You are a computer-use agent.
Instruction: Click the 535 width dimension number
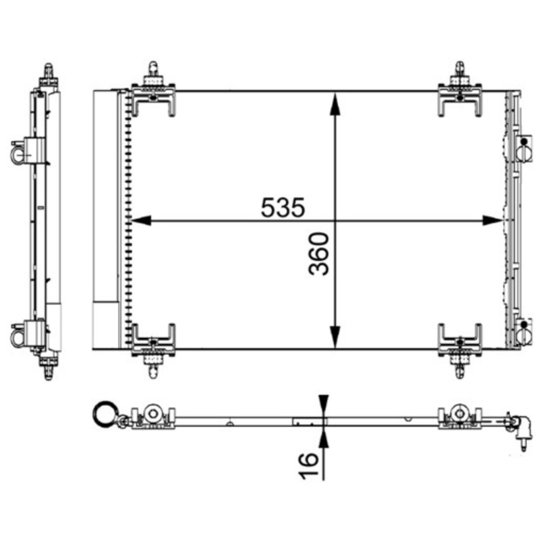point(283,207)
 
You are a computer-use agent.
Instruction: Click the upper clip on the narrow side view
point(26,151)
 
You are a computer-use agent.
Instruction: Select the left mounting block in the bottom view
point(153,417)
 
